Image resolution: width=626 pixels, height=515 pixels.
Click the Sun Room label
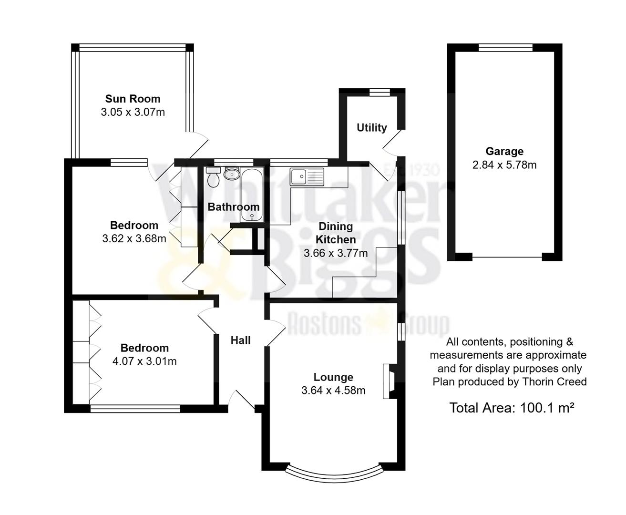[x=133, y=99]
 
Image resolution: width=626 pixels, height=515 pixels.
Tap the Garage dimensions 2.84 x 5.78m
[x=504, y=165]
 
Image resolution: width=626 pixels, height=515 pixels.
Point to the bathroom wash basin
[x=232, y=174]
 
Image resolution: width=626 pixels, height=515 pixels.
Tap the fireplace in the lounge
[x=389, y=381]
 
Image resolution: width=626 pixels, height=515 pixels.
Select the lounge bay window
[x=334, y=473]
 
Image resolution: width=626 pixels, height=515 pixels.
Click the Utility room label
[x=371, y=128]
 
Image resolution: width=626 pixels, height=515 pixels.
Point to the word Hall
[x=241, y=340]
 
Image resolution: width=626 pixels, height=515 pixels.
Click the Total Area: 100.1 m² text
[x=511, y=408]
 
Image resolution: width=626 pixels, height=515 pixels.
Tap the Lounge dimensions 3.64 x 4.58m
[x=333, y=391]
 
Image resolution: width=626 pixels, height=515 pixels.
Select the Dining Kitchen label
[x=336, y=233]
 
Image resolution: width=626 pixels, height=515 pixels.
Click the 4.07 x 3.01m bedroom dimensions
[x=144, y=361]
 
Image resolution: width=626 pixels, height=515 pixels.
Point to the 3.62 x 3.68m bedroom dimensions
[x=134, y=238]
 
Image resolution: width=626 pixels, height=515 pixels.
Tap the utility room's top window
[x=380, y=93]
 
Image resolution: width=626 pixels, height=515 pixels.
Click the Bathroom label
[x=234, y=207]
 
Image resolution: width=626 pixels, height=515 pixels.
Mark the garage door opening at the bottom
[x=507, y=257]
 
